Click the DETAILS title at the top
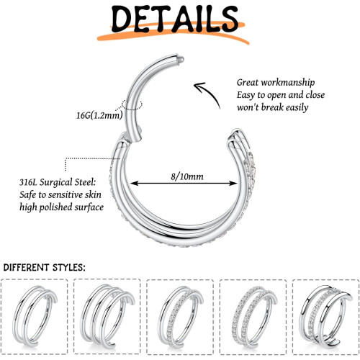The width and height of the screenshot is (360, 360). coord(175,19)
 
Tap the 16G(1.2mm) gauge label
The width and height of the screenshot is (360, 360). coord(99,115)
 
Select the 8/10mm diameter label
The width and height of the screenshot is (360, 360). coord(187,176)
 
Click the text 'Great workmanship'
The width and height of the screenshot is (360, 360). coord(276,83)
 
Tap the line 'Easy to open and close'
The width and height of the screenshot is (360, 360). coord(281,95)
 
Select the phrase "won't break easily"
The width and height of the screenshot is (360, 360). coord(272,107)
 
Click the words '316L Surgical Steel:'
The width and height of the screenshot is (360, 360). coord(58,182)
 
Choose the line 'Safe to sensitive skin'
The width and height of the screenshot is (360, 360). coord(60,194)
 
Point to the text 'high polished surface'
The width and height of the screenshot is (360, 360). coord(61,207)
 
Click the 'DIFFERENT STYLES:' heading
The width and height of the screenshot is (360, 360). coord(44,267)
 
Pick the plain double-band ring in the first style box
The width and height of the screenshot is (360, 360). coord(18,317)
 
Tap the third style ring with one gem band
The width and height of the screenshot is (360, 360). coord(163,317)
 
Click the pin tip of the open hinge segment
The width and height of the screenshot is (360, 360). coord(181,59)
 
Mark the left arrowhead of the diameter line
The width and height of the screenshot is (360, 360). coord(133,184)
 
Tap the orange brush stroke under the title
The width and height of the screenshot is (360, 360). coord(173,34)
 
